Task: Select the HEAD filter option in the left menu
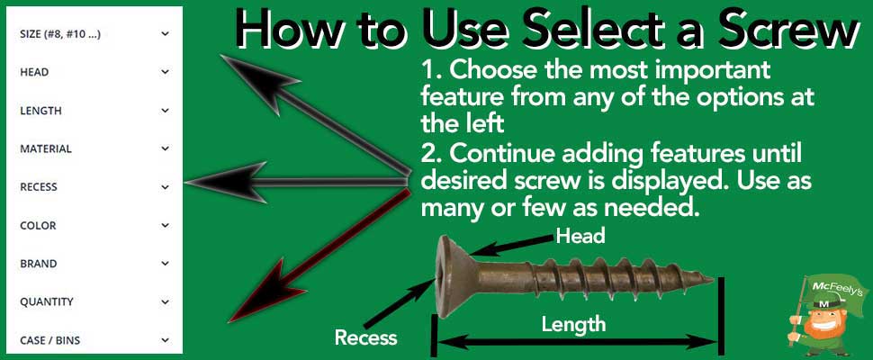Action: tap(33, 72)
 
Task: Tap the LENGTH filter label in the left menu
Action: tap(40, 111)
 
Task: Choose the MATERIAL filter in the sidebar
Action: tap(45, 148)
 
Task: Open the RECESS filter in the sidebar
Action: tap(39, 187)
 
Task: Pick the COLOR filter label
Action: tap(38, 225)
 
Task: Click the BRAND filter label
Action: tap(38, 264)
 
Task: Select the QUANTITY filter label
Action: tap(47, 302)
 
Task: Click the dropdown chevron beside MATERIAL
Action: tap(165, 148)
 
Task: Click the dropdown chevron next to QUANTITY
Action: tap(165, 302)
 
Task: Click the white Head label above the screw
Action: tap(580, 236)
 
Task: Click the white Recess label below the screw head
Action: tap(365, 337)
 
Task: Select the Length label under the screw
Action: tap(573, 324)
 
